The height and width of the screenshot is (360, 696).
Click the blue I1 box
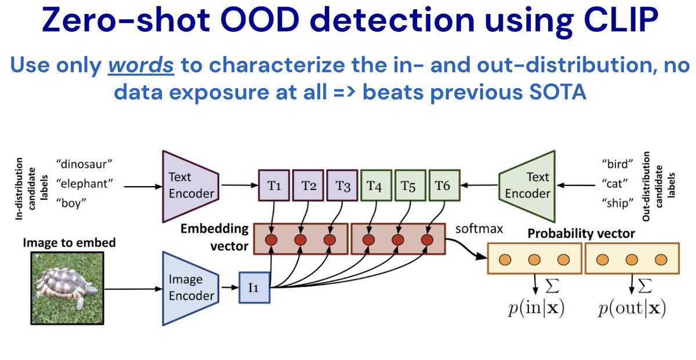pyautogui.click(x=255, y=288)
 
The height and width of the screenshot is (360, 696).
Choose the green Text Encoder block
pyautogui.click(x=527, y=186)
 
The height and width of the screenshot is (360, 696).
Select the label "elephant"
pyautogui.click(x=84, y=185)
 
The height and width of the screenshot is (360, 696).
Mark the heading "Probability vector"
pyautogui.click(x=582, y=234)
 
